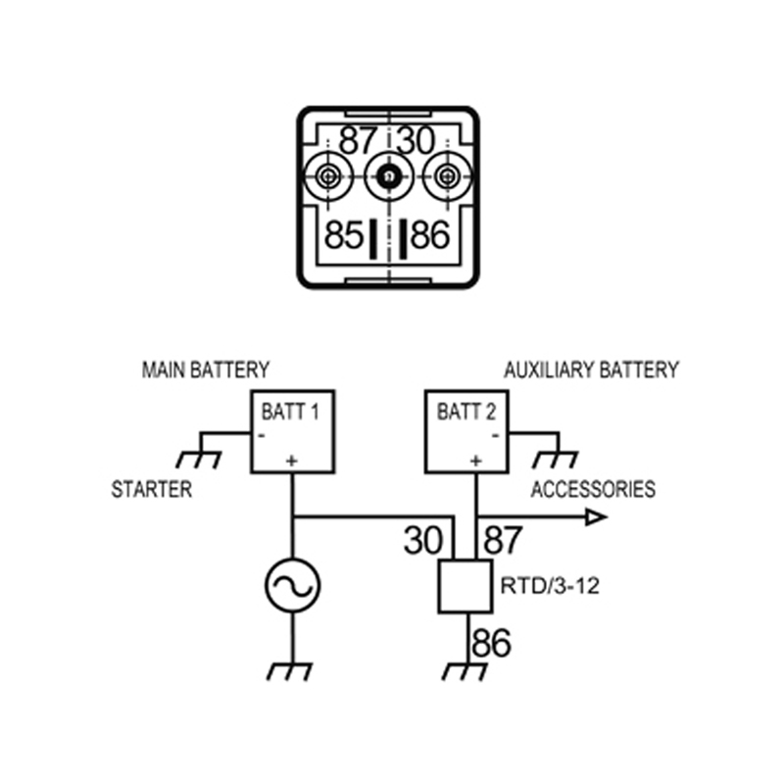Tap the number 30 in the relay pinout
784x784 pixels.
coord(416,141)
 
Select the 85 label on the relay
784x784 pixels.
coord(344,236)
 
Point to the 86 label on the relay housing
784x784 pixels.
coord(430,236)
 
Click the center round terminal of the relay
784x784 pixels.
coord(388,176)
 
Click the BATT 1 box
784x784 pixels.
coord(292,431)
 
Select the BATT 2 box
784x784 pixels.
coord(466,431)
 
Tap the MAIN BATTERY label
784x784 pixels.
coord(205,370)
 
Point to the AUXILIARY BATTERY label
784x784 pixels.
coord(591,370)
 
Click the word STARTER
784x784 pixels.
coord(152,489)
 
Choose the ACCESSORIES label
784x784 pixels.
coord(593,489)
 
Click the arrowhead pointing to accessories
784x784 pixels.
coord(596,516)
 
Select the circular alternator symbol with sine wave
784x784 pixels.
coord(292,586)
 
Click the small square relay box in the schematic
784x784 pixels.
coord(465,586)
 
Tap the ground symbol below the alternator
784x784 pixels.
coord(292,671)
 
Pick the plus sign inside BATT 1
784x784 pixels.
coord(291,459)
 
